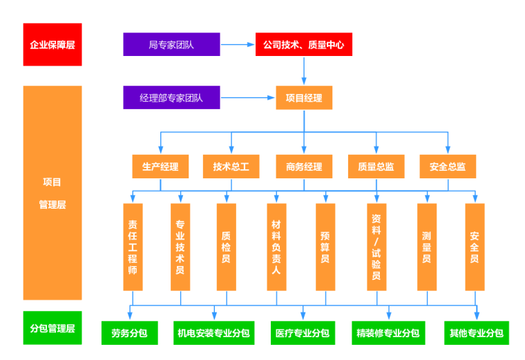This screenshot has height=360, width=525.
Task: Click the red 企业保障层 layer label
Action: click(52, 45)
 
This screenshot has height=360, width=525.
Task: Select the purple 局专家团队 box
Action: click(171, 45)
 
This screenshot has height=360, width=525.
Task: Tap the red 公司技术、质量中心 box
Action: click(304, 45)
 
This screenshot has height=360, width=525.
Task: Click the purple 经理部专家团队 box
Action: click(171, 97)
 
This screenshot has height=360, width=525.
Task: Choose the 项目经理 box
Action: click(304, 97)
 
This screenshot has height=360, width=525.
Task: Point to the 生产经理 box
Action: click(160, 167)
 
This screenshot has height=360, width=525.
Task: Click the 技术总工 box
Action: click(231, 167)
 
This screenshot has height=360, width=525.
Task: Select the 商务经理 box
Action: click(304, 167)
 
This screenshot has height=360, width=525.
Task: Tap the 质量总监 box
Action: click(376, 167)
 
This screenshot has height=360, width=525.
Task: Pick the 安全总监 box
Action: click(448, 167)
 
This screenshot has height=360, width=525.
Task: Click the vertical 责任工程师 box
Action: click(133, 247)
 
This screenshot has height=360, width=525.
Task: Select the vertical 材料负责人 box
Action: click(276, 247)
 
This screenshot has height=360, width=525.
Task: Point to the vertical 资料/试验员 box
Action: click(376, 247)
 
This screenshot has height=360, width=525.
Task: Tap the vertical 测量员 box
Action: click(427, 247)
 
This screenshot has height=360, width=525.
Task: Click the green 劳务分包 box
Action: click(129, 333)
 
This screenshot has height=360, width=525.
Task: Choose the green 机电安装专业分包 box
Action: click(213, 333)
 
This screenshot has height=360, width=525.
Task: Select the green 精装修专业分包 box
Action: click(388, 333)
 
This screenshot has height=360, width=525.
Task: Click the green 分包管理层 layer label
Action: click(52, 328)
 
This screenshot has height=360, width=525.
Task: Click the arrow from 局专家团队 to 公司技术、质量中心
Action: click(238, 45)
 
